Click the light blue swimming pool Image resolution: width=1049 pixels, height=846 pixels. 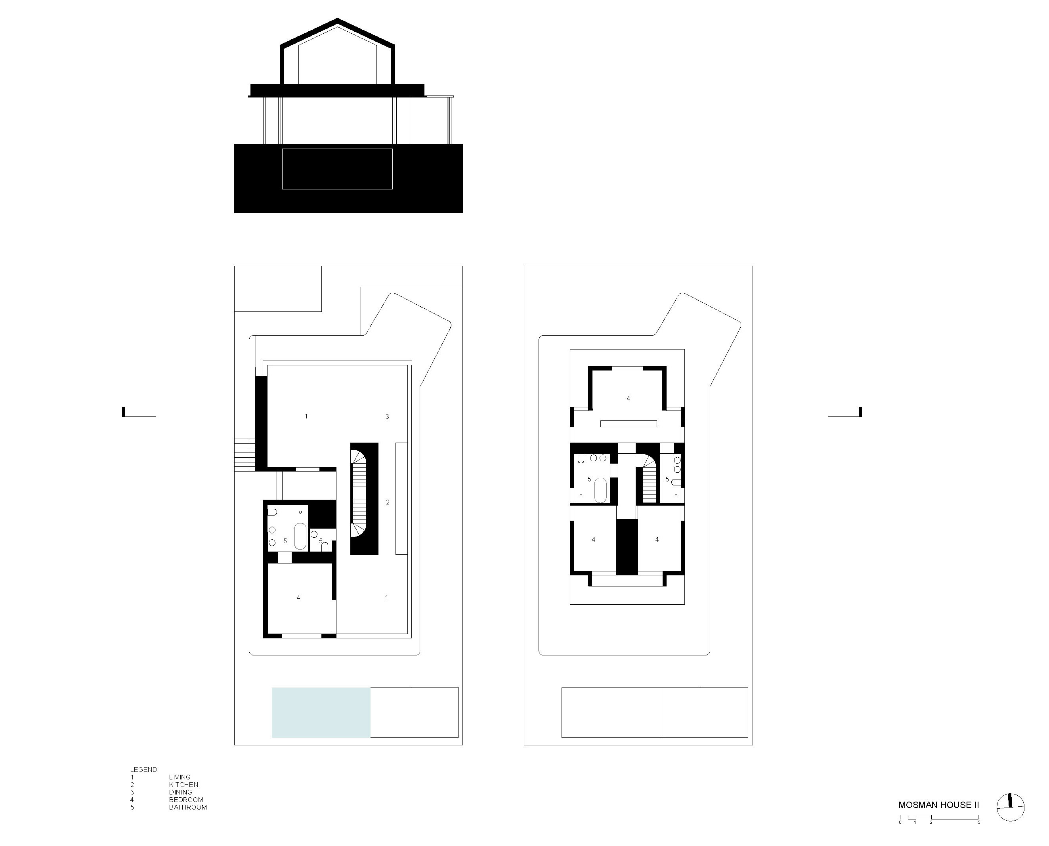[321, 712]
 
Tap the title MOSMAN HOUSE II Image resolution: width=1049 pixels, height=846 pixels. [938, 805]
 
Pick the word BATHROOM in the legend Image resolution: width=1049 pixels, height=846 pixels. [188, 807]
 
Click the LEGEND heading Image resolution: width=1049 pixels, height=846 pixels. [143, 770]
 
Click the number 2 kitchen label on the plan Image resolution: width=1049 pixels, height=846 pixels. [388, 502]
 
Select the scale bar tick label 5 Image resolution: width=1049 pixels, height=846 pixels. [979, 822]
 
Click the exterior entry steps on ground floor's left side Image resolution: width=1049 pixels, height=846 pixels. [245, 454]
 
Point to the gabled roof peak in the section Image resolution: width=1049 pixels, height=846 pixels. [337, 21]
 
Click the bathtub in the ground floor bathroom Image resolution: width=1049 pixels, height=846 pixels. [300, 536]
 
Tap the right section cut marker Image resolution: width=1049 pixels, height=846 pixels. [860, 413]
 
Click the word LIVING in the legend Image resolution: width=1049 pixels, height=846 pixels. [180, 777]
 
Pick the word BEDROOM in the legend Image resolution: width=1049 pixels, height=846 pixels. [186, 800]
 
